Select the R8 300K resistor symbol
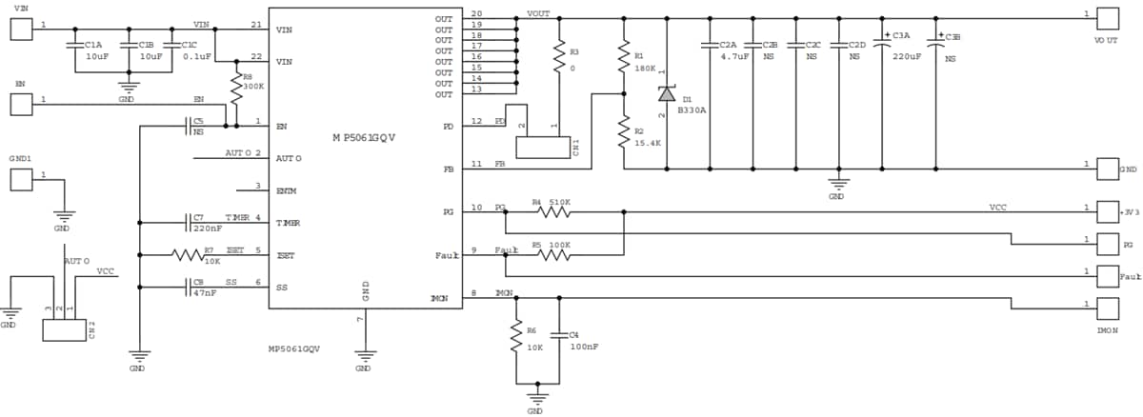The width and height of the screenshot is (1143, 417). point(236,91)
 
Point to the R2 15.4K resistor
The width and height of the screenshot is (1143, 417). point(623,133)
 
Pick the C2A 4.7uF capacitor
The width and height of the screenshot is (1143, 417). point(710,45)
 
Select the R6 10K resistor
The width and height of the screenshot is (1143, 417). point(516,335)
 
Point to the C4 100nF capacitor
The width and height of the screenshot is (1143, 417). point(559,335)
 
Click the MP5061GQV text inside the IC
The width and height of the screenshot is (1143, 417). point(364,138)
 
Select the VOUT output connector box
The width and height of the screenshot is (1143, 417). point(1108,18)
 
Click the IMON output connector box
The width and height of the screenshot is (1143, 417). point(1108,308)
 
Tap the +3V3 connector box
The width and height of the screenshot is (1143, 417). point(1108,211)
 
